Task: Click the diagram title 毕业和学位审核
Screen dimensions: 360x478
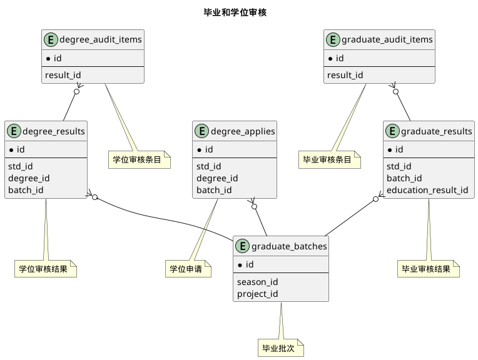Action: [235, 12]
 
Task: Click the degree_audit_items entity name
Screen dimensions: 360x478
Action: [101, 40]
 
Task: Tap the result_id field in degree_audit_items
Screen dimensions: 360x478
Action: [63, 75]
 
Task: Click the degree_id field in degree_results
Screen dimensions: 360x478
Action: [29, 178]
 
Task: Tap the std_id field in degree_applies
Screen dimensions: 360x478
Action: [209, 166]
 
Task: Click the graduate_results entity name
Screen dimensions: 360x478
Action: [436, 131]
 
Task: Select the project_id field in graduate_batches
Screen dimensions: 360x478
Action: [258, 294]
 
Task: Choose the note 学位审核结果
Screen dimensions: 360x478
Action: [46, 269]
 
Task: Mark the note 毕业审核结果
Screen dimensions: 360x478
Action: [429, 269]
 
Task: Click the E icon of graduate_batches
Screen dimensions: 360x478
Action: [242, 246]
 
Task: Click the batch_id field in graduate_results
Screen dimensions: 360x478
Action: [404, 178]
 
